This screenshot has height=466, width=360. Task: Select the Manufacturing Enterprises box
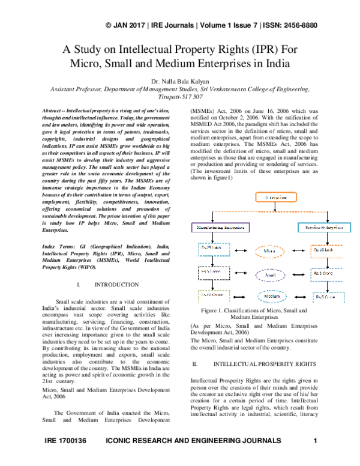pos(218,244)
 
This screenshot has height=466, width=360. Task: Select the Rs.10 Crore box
pos(214,295)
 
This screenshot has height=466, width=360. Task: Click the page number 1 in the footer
pos(316,458)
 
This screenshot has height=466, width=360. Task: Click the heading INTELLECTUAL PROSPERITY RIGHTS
pos(265,365)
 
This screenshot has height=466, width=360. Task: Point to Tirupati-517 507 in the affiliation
pos(180,96)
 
